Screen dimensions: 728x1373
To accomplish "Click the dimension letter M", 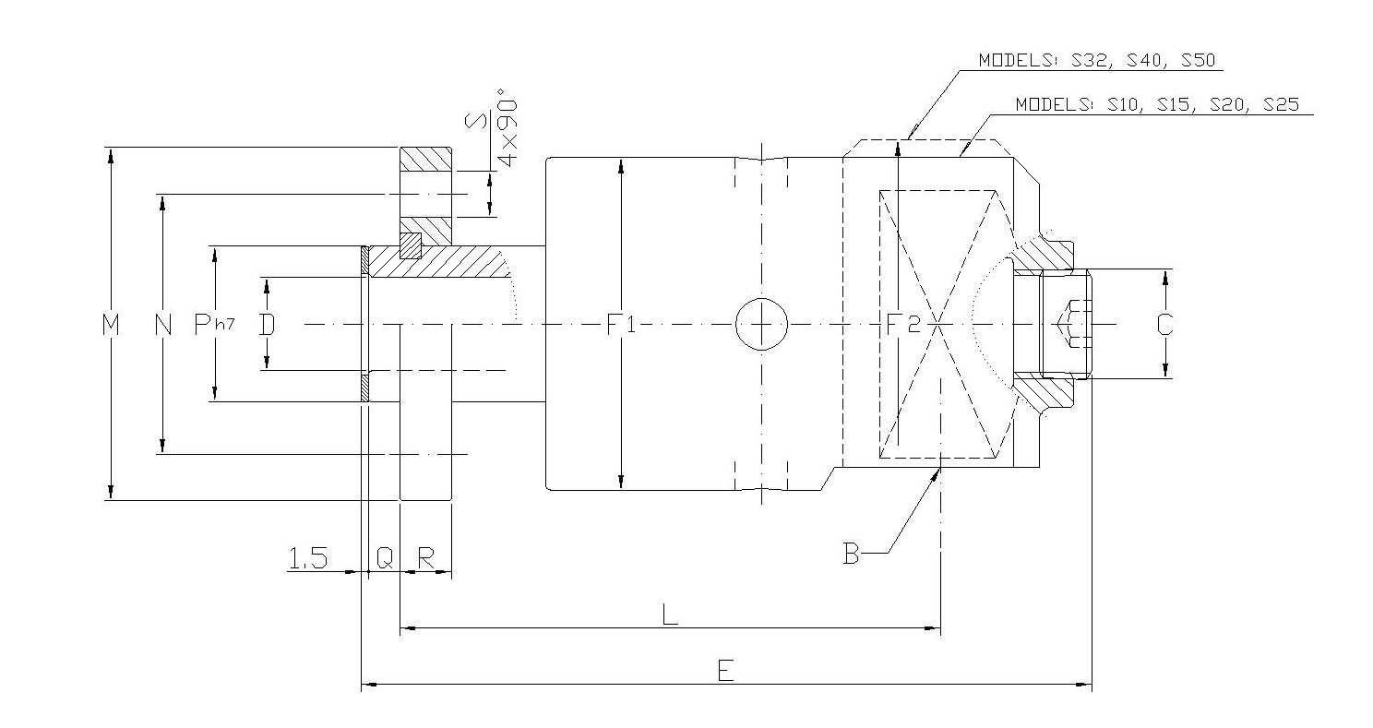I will (x=112, y=325).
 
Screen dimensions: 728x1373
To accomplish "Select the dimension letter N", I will (x=163, y=325).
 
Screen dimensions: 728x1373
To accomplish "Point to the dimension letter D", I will (x=267, y=325).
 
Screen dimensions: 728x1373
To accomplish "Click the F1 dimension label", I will (x=620, y=325).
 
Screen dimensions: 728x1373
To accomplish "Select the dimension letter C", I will (x=1165, y=325).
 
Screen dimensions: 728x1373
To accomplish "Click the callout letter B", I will (x=851, y=554).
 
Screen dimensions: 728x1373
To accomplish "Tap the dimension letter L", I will (x=670, y=615).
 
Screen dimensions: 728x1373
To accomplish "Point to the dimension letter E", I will (x=725, y=671).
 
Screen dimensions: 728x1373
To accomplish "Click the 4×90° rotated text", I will (x=507, y=127).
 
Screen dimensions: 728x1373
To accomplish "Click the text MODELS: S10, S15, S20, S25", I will (x=1157, y=104).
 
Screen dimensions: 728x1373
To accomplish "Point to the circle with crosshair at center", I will (x=761, y=325).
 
